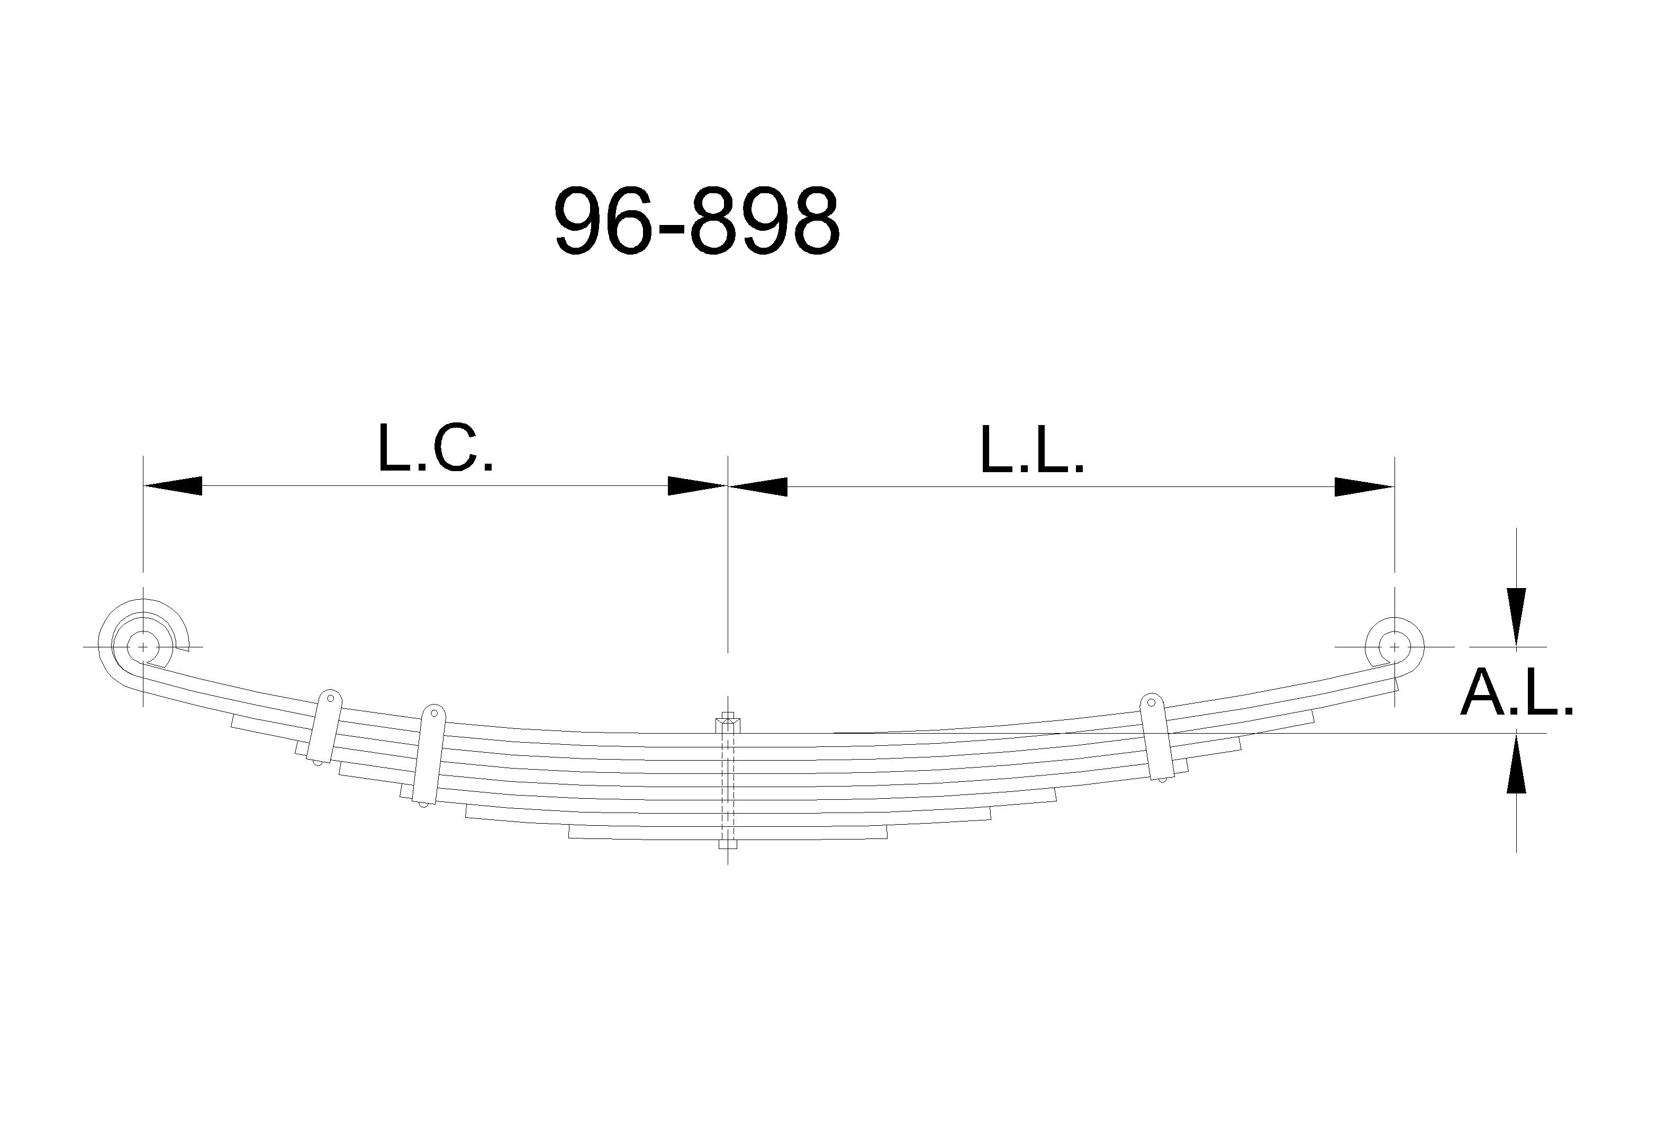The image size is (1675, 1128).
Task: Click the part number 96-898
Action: coord(696,220)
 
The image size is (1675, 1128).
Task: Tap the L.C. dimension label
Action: coord(436,448)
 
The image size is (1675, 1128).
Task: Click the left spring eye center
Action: coord(143,647)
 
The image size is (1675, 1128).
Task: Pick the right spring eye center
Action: coord(1395,647)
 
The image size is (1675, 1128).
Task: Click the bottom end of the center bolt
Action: coord(727,845)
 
